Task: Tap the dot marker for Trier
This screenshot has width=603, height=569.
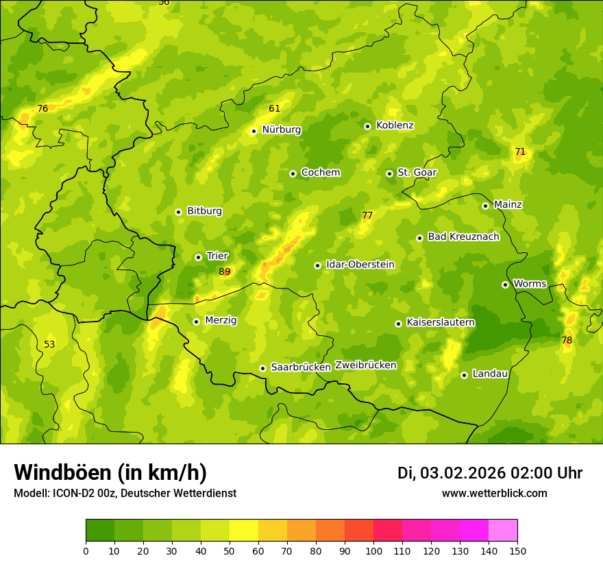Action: point(198,257)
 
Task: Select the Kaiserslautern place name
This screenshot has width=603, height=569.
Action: point(440,322)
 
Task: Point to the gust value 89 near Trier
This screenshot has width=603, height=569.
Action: point(225,272)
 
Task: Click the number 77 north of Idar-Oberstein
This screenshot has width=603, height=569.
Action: point(367,216)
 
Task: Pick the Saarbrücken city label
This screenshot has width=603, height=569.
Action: point(300,367)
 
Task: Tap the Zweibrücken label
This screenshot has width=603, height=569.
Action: point(365,365)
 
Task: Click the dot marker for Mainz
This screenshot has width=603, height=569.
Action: point(485,206)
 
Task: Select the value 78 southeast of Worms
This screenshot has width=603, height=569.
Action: point(567,341)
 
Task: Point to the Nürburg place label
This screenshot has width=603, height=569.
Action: point(281,130)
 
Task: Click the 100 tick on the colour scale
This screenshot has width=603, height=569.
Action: point(373,550)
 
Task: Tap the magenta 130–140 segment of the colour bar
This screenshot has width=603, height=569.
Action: point(474,531)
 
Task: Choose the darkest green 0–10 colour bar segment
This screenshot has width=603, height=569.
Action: point(100,531)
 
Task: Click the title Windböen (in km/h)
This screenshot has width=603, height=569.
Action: point(110,472)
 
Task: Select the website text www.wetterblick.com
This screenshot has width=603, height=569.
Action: point(494,494)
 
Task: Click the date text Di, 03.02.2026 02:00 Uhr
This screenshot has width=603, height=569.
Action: point(489,473)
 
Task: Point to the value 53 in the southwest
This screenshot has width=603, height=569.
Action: point(49,344)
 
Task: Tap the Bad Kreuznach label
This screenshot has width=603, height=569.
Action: point(463,237)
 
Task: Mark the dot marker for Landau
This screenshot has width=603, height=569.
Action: point(464,375)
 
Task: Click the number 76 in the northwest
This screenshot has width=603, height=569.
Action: point(42,109)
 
